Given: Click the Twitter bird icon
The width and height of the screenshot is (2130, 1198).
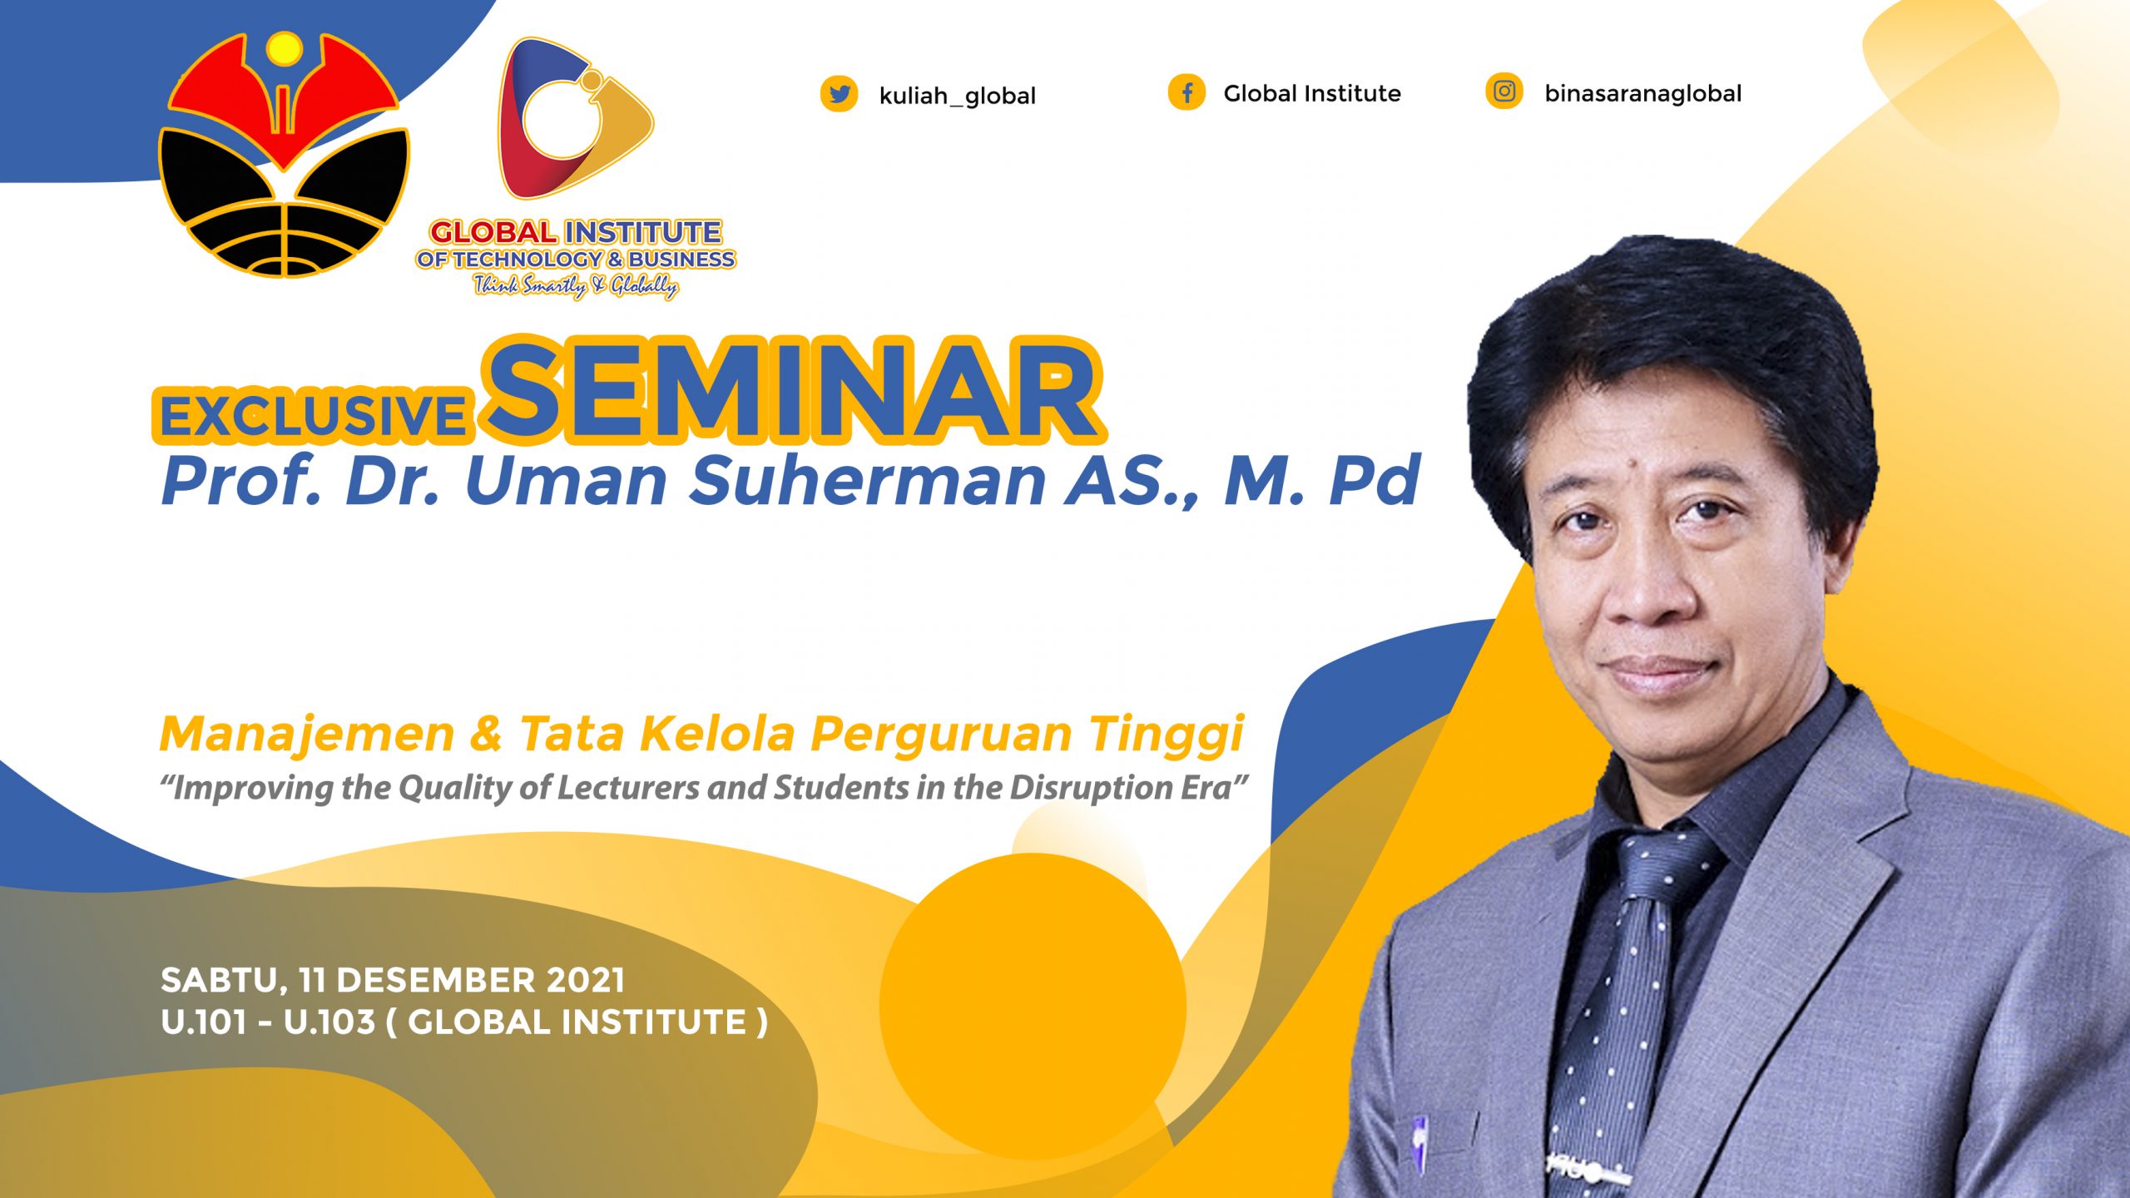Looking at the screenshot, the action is pos(839,94).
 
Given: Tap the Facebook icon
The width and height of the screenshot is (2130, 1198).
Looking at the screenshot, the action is pos(1186,92).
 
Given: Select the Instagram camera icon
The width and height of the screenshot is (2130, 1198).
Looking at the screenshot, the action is pos(1504,91).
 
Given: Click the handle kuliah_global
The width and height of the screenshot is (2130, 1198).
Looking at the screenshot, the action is pos(958,97).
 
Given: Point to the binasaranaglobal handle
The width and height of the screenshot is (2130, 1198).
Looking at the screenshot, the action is pos(1643,93).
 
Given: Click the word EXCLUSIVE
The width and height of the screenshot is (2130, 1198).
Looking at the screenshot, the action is pos(313,416).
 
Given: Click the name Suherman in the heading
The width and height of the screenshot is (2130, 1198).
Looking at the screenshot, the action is pos(867,480).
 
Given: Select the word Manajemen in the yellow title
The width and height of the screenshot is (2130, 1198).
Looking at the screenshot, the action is pos(307,735).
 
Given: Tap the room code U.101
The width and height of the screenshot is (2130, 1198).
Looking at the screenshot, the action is pos(204,1022).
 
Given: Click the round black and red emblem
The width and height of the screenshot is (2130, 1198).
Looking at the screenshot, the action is pos(284,155).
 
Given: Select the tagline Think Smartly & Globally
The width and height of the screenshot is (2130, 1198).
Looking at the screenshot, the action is pos(576,286).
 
